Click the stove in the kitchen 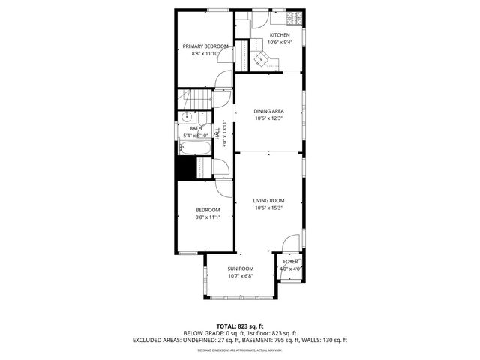coord(296,16)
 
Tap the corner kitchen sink coord(264,64)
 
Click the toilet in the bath coord(202,119)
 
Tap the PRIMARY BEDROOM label coord(205,46)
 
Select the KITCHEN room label coord(280,35)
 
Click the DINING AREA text coord(268,111)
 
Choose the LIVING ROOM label coord(268,200)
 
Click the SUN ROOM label coord(241,268)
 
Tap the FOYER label coord(290,262)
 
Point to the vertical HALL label coord(217,135)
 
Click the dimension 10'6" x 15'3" coord(268,208)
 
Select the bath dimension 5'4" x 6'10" coord(194,136)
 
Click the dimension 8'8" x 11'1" coord(208,217)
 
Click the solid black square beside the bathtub coord(184,169)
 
